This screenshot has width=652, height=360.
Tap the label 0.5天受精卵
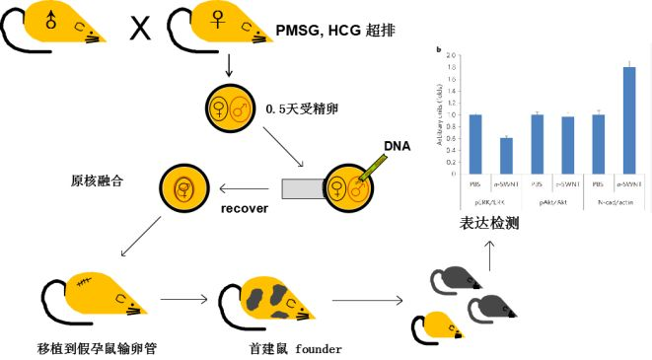[303, 107]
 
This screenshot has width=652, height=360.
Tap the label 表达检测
[488, 224]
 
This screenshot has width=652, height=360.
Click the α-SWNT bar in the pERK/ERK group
[505, 156]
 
